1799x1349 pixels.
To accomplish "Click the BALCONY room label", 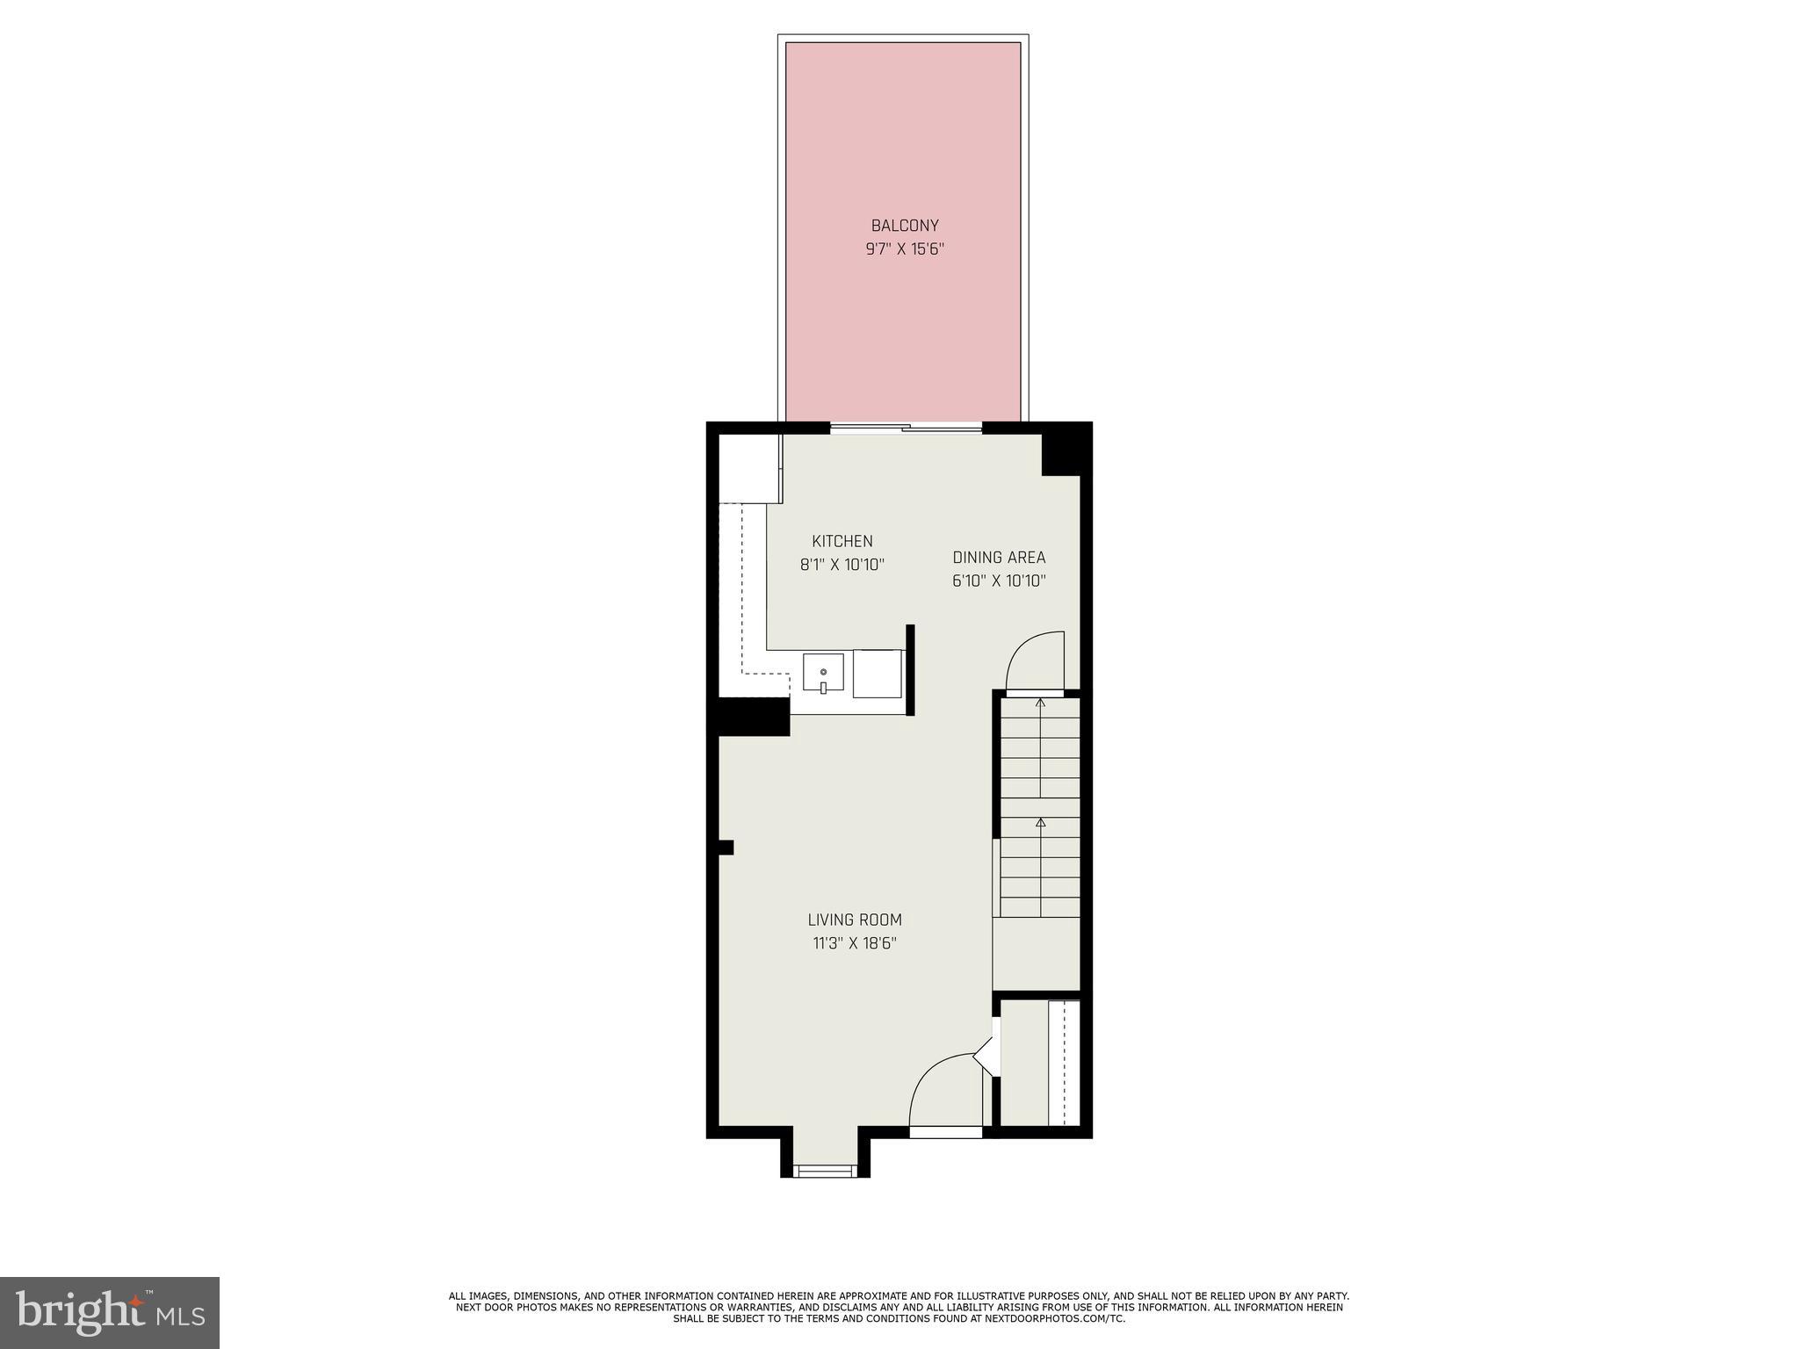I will [904, 226].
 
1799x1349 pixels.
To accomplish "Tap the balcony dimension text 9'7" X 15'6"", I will [904, 249].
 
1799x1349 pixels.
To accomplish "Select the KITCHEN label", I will [842, 542].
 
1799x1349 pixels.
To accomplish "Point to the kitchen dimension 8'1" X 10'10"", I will [842, 565].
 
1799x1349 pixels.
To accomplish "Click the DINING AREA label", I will [999, 558].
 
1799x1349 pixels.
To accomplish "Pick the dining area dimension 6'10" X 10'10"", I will [999, 581].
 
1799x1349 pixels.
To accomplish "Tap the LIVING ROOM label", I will [855, 920].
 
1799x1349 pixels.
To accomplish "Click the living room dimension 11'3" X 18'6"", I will [855, 944].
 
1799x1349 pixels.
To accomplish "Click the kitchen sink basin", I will [823, 674].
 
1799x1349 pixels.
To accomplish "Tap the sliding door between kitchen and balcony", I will [906, 429].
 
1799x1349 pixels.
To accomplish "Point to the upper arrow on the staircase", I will [1041, 703].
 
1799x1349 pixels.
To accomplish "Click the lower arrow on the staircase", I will [1041, 824].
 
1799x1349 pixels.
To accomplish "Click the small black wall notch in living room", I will [726, 848].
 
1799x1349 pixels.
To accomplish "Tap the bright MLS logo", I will [110, 1312].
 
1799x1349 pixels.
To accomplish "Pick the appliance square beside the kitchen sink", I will [878, 674].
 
